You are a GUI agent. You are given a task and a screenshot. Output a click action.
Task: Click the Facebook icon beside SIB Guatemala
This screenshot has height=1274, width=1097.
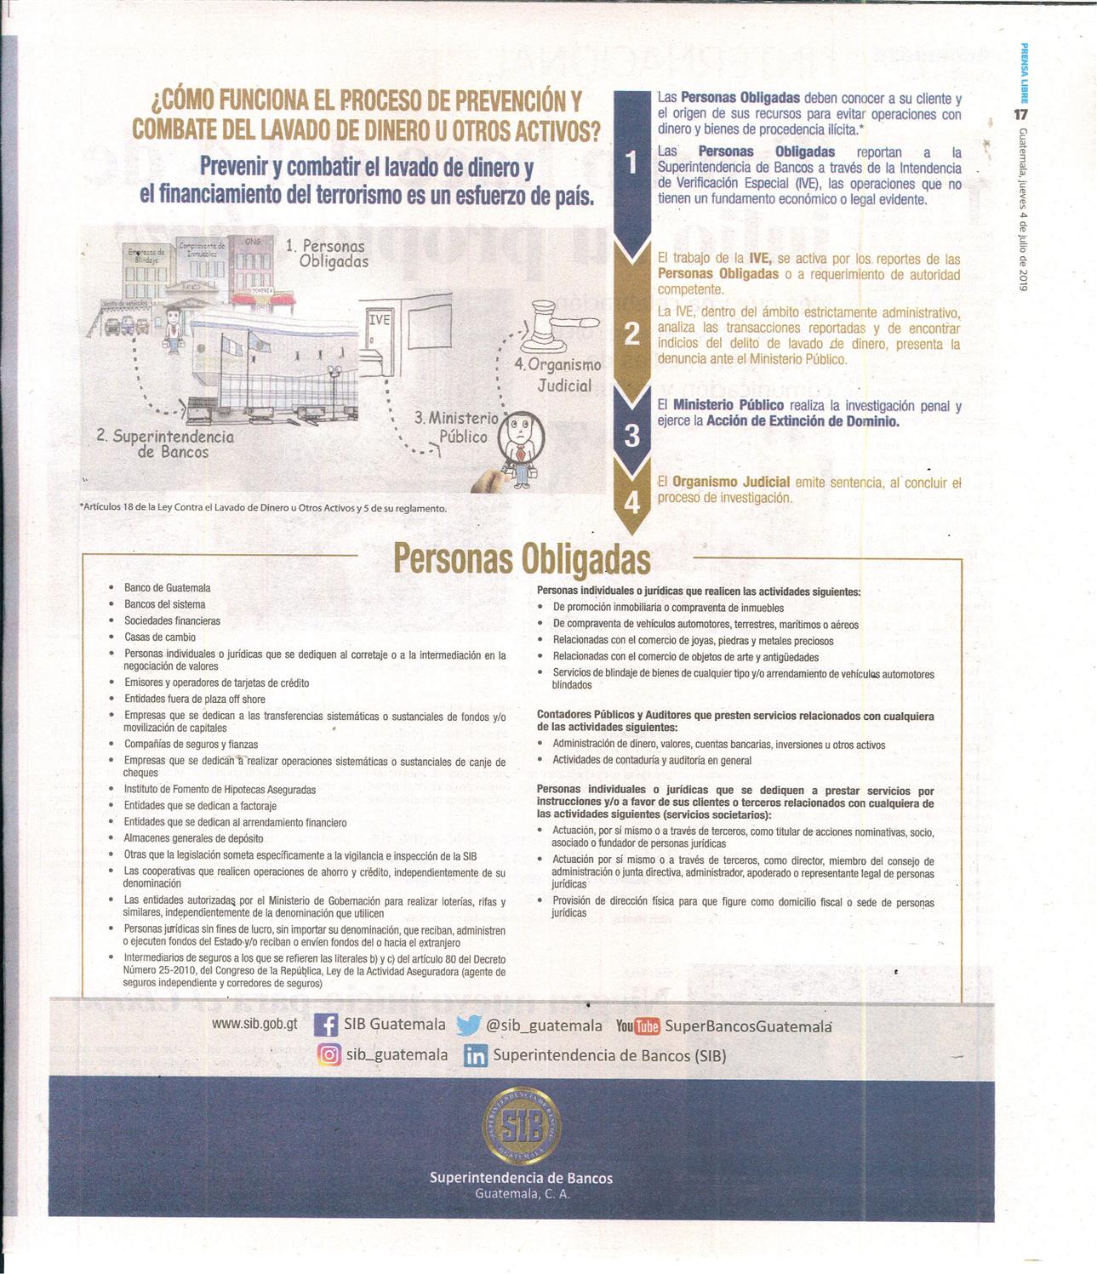pos(326,1025)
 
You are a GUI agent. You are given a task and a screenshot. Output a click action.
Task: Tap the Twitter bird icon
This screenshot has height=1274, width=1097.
pos(468,1025)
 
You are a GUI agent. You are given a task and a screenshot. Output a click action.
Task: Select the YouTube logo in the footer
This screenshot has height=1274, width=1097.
pos(637,1026)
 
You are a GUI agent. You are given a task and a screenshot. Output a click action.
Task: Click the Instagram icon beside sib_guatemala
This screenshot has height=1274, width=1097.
pos(329,1054)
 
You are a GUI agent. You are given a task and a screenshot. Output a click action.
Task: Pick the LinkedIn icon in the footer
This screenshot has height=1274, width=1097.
pos(476,1056)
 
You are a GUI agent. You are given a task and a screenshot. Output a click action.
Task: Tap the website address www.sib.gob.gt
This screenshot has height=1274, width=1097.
pos(254,1024)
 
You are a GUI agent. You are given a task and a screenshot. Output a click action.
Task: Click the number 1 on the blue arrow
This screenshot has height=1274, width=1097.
pos(631,163)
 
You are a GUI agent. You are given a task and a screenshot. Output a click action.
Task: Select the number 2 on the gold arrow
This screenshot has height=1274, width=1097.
pos(631,333)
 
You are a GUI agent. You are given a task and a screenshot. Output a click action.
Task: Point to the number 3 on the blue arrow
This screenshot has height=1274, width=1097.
pos(631,436)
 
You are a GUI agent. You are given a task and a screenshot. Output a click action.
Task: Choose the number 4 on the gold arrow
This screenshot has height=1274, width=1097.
pos(631,503)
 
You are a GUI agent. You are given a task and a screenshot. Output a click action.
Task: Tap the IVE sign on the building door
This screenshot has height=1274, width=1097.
pos(379,320)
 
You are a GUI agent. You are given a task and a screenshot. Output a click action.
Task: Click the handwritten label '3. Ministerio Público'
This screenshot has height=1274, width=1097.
pos(456,427)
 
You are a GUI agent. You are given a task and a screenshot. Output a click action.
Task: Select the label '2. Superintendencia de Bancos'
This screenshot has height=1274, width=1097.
pos(166,443)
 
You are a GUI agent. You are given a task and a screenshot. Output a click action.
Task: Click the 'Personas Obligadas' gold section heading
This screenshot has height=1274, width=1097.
pos(522,559)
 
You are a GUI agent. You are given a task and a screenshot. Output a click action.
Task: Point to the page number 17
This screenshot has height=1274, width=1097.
pos(1021,114)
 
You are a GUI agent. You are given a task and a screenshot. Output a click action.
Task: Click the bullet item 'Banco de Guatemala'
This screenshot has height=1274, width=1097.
pos(167,588)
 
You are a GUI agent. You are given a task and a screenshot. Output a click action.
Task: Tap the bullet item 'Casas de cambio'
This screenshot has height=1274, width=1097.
pos(160,637)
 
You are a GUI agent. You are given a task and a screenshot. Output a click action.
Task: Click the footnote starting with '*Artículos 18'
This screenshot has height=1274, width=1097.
pos(263,508)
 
